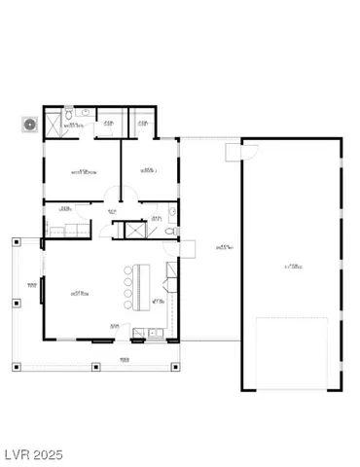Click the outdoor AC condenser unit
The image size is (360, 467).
29,125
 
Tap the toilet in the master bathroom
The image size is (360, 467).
87,114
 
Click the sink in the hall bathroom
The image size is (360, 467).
171,211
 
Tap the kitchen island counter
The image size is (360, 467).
140,282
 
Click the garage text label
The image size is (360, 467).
291,265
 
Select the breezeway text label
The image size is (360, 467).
224,247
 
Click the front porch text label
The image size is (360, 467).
125,360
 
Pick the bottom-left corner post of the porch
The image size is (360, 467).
16,367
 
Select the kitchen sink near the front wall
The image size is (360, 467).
155,334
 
